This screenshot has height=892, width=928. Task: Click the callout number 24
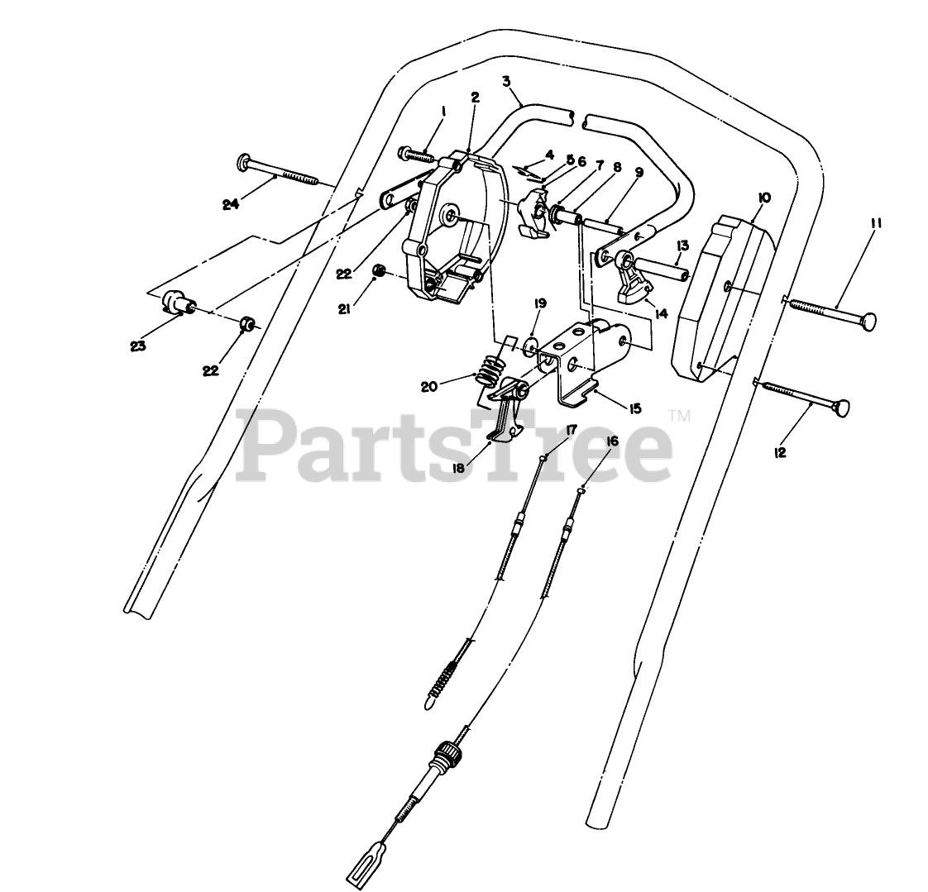(x=231, y=203)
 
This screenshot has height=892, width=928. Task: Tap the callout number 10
(x=763, y=198)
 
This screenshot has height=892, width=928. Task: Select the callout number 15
(x=635, y=408)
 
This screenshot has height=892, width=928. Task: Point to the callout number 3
(x=505, y=81)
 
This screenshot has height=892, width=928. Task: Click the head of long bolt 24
(x=244, y=162)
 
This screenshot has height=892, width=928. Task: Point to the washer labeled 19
(x=531, y=341)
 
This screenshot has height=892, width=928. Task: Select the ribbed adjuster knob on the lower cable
(x=445, y=754)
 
